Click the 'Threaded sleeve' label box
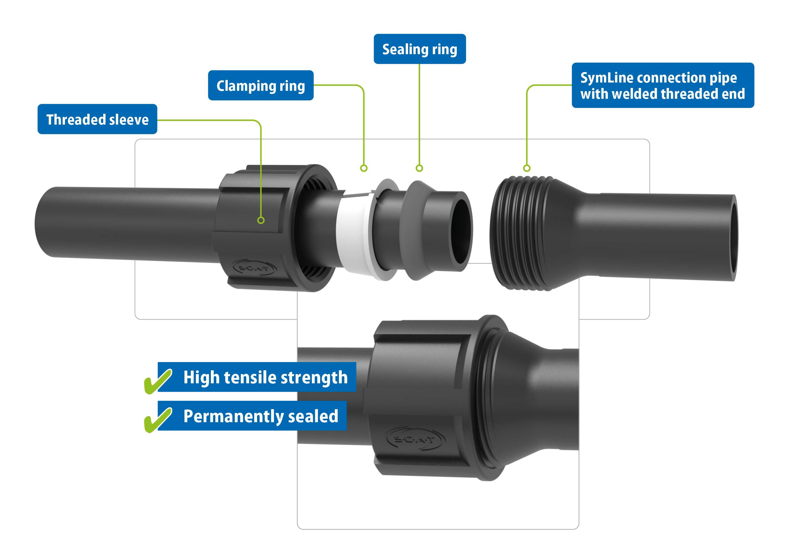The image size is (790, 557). [97, 119]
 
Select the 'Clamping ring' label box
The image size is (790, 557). [261, 85]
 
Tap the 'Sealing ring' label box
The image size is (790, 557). [420, 49]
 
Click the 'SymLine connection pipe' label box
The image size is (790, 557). [663, 85]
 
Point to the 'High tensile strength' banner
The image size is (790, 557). [257, 377]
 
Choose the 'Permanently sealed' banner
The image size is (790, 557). [252, 416]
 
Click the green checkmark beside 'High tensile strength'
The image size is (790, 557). [158, 381]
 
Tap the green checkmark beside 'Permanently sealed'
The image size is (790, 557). [158, 420]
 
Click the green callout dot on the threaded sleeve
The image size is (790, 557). [261, 220]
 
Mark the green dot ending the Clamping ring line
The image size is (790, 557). [364, 168]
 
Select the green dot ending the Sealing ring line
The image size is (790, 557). [420, 168]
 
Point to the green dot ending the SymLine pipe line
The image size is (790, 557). [527, 168]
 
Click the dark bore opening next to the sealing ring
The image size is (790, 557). [461, 231]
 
